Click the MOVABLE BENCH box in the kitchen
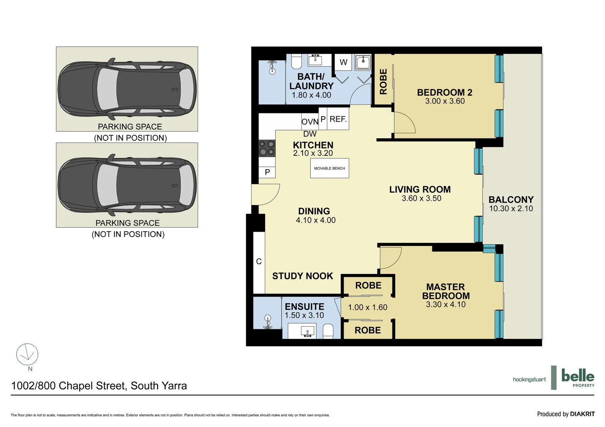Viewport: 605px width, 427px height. pyautogui.click(x=329, y=168)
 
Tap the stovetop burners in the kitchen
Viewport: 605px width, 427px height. pyautogui.click(x=266, y=148)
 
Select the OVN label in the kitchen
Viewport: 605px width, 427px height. pyautogui.click(x=310, y=122)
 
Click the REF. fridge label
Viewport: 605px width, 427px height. pyautogui.click(x=338, y=119)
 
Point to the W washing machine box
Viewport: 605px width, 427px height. pyautogui.click(x=343, y=62)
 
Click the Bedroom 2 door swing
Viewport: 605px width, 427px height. pyautogui.click(x=403, y=122)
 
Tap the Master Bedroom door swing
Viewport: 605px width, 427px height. pyautogui.click(x=390, y=257)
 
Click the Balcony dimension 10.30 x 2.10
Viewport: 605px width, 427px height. pyautogui.click(x=511, y=209)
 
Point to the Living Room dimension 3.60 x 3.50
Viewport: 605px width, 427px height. pyautogui.click(x=421, y=198)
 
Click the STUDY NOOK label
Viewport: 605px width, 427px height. pyautogui.click(x=302, y=276)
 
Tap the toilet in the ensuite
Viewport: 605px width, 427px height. pyautogui.click(x=328, y=331)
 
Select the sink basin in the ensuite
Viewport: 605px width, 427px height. pyautogui.click(x=307, y=331)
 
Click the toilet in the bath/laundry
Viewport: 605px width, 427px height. pyautogui.click(x=297, y=61)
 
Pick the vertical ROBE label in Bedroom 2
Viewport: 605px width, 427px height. pyautogui.click(x=383, y=81)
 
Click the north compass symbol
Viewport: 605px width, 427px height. pyautogui.click(x=27, y=354)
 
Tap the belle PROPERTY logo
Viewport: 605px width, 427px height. pyautogui.click(x=577, y=378)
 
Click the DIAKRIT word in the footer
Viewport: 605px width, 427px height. pyautogui.click(x=582, y=414)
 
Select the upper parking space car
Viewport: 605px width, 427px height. pyautogui.click(x=127, y=89)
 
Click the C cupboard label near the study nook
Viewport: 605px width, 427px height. pyautogui.click(x=259, y=261)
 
